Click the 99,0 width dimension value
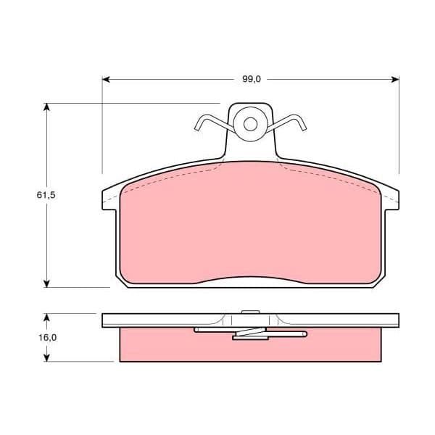[252, 79]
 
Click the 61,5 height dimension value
[46, 195]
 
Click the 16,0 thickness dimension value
[47, 337]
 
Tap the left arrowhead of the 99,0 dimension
[106, 80]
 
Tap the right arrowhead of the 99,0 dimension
[395, 80]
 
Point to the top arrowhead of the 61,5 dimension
[46, 107]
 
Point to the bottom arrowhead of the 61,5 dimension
[46, 283]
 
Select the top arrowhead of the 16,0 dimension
[46, 318]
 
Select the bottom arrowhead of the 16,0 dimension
[46, 357]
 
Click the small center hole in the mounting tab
[250, 124]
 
